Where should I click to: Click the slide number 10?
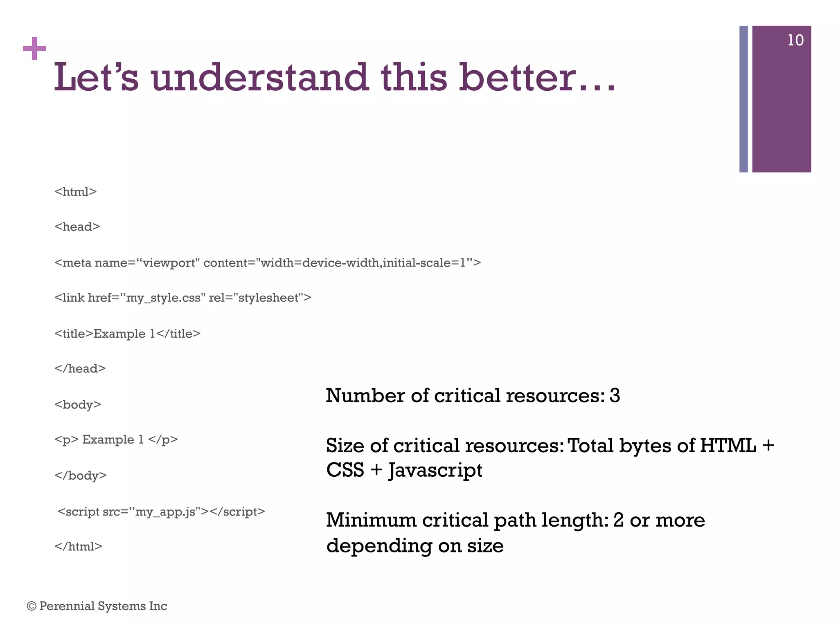coord(795,40)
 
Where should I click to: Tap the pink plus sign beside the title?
coord(34,49)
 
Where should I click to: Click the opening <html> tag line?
coord(75,192)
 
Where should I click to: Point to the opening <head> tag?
coord(77,227)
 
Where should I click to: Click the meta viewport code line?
coord(268,262)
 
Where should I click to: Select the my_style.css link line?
coord(183,298)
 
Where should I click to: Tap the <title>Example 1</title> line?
coord(127,334)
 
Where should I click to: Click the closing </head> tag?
coord(80,369)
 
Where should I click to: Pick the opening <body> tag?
coord(78,404)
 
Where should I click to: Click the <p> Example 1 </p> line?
coord(116,440)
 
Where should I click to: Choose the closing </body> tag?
coord(81,475)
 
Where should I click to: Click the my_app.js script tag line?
coord(161,511)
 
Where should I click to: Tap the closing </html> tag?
coord(78,547)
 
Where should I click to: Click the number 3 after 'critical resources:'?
coord(615,396)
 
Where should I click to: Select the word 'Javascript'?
coord(435,471)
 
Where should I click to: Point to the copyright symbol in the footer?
coord(32,606)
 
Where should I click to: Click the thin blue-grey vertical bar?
coord(743,99)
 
